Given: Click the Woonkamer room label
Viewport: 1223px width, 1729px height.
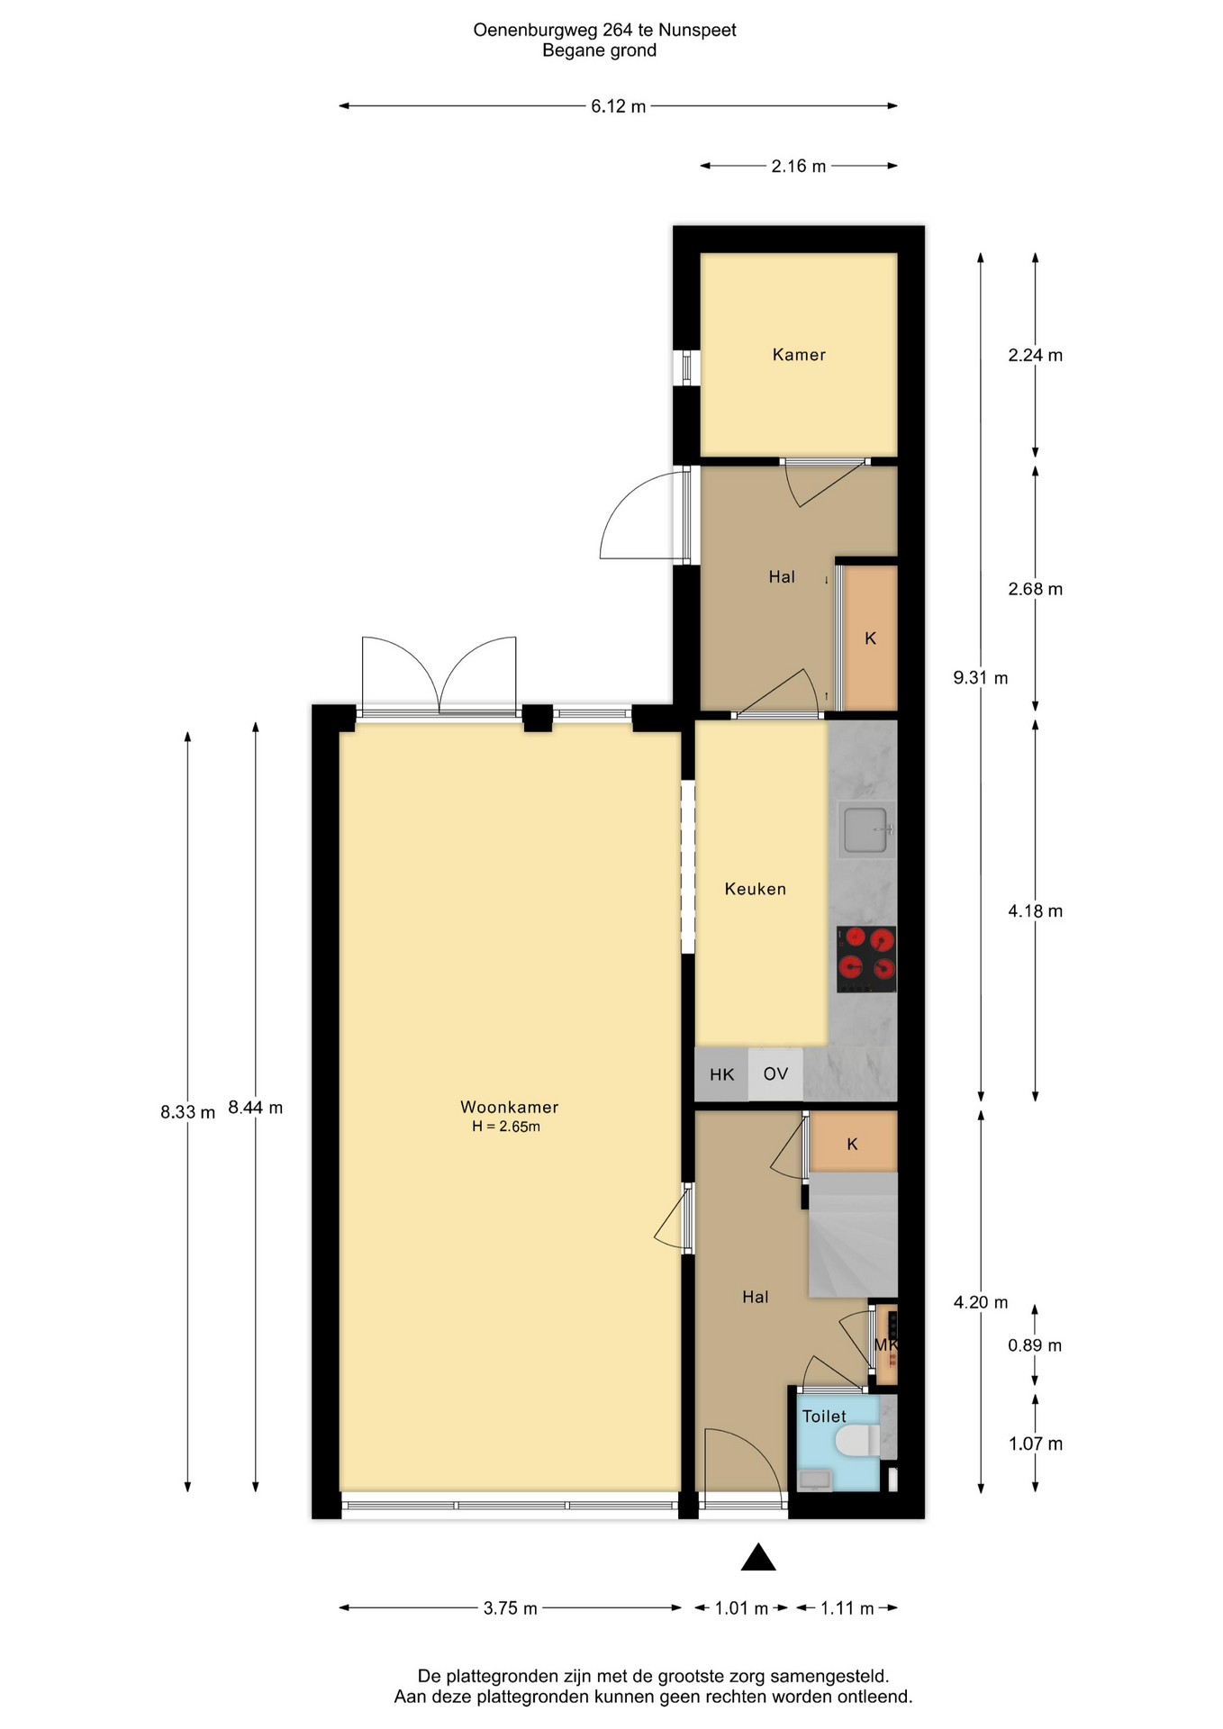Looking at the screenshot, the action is tap(509, 1107).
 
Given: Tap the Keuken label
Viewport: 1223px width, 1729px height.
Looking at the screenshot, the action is tap(755, 889).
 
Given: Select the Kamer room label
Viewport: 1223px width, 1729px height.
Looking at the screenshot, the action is tap(799, 355).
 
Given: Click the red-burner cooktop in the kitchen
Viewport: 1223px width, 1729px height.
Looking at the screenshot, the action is tap(866, 959).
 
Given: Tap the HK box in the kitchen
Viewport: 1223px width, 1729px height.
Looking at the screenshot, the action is tap(721, 1074).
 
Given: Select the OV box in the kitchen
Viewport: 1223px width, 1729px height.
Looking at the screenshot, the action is tap(775, 1073).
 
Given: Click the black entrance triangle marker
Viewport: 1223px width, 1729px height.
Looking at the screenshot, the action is tap(758, 1557).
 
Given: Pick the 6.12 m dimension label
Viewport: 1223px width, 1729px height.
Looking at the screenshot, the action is tap(618, 106).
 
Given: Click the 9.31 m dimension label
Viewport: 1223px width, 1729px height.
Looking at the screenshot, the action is tap(981, 677).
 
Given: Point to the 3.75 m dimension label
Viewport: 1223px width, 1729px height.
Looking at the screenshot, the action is tap(510, 1608).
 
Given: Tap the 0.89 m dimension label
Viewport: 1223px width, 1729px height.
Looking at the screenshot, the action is tap(1035, 1345).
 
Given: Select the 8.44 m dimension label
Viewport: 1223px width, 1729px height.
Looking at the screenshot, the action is tap(256, 1108).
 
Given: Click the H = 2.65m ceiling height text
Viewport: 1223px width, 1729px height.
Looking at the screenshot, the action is tap(506, 1127).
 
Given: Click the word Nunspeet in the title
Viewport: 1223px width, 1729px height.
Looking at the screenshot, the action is tap(697, 30).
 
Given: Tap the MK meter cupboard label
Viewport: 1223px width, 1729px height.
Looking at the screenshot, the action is tap(886, 1345).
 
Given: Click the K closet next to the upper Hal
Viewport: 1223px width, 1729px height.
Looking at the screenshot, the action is tap(870, 638).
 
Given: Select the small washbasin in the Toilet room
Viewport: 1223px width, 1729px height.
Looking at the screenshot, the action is tap(816, 1480).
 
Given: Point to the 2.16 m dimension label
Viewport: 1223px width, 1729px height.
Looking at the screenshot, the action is tap(798, 166).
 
